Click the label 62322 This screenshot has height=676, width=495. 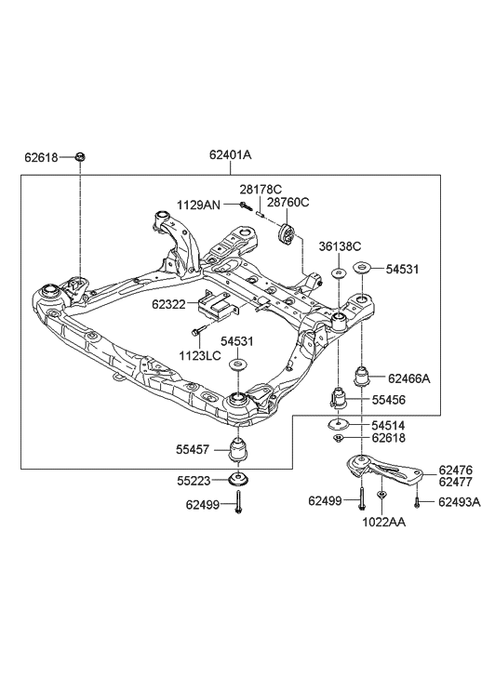(170, 303)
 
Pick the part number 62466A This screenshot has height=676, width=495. (410, 378)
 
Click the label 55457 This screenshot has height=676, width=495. (195, 448)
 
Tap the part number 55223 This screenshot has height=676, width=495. (195, 481)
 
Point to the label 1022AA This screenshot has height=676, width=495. (382, 522)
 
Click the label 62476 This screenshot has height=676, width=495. (456, 471)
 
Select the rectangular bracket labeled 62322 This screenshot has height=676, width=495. (217, 305)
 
